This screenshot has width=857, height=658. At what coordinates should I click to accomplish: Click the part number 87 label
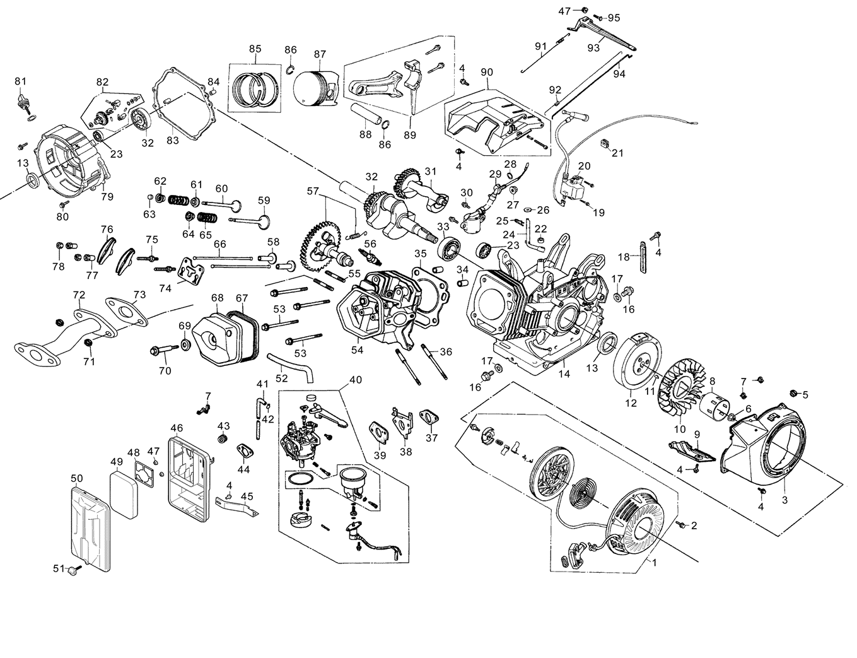click(x=320, y=54)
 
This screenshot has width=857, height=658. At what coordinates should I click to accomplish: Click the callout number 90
click(x=486, y=73)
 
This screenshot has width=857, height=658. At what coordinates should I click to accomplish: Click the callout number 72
click(x=79, y=295)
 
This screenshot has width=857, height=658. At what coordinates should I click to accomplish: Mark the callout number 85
click(x=255, y=49)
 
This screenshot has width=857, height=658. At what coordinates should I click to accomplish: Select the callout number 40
click(x=356, y=380)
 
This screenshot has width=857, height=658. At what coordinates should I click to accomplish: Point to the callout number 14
click(x=564, y=373)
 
